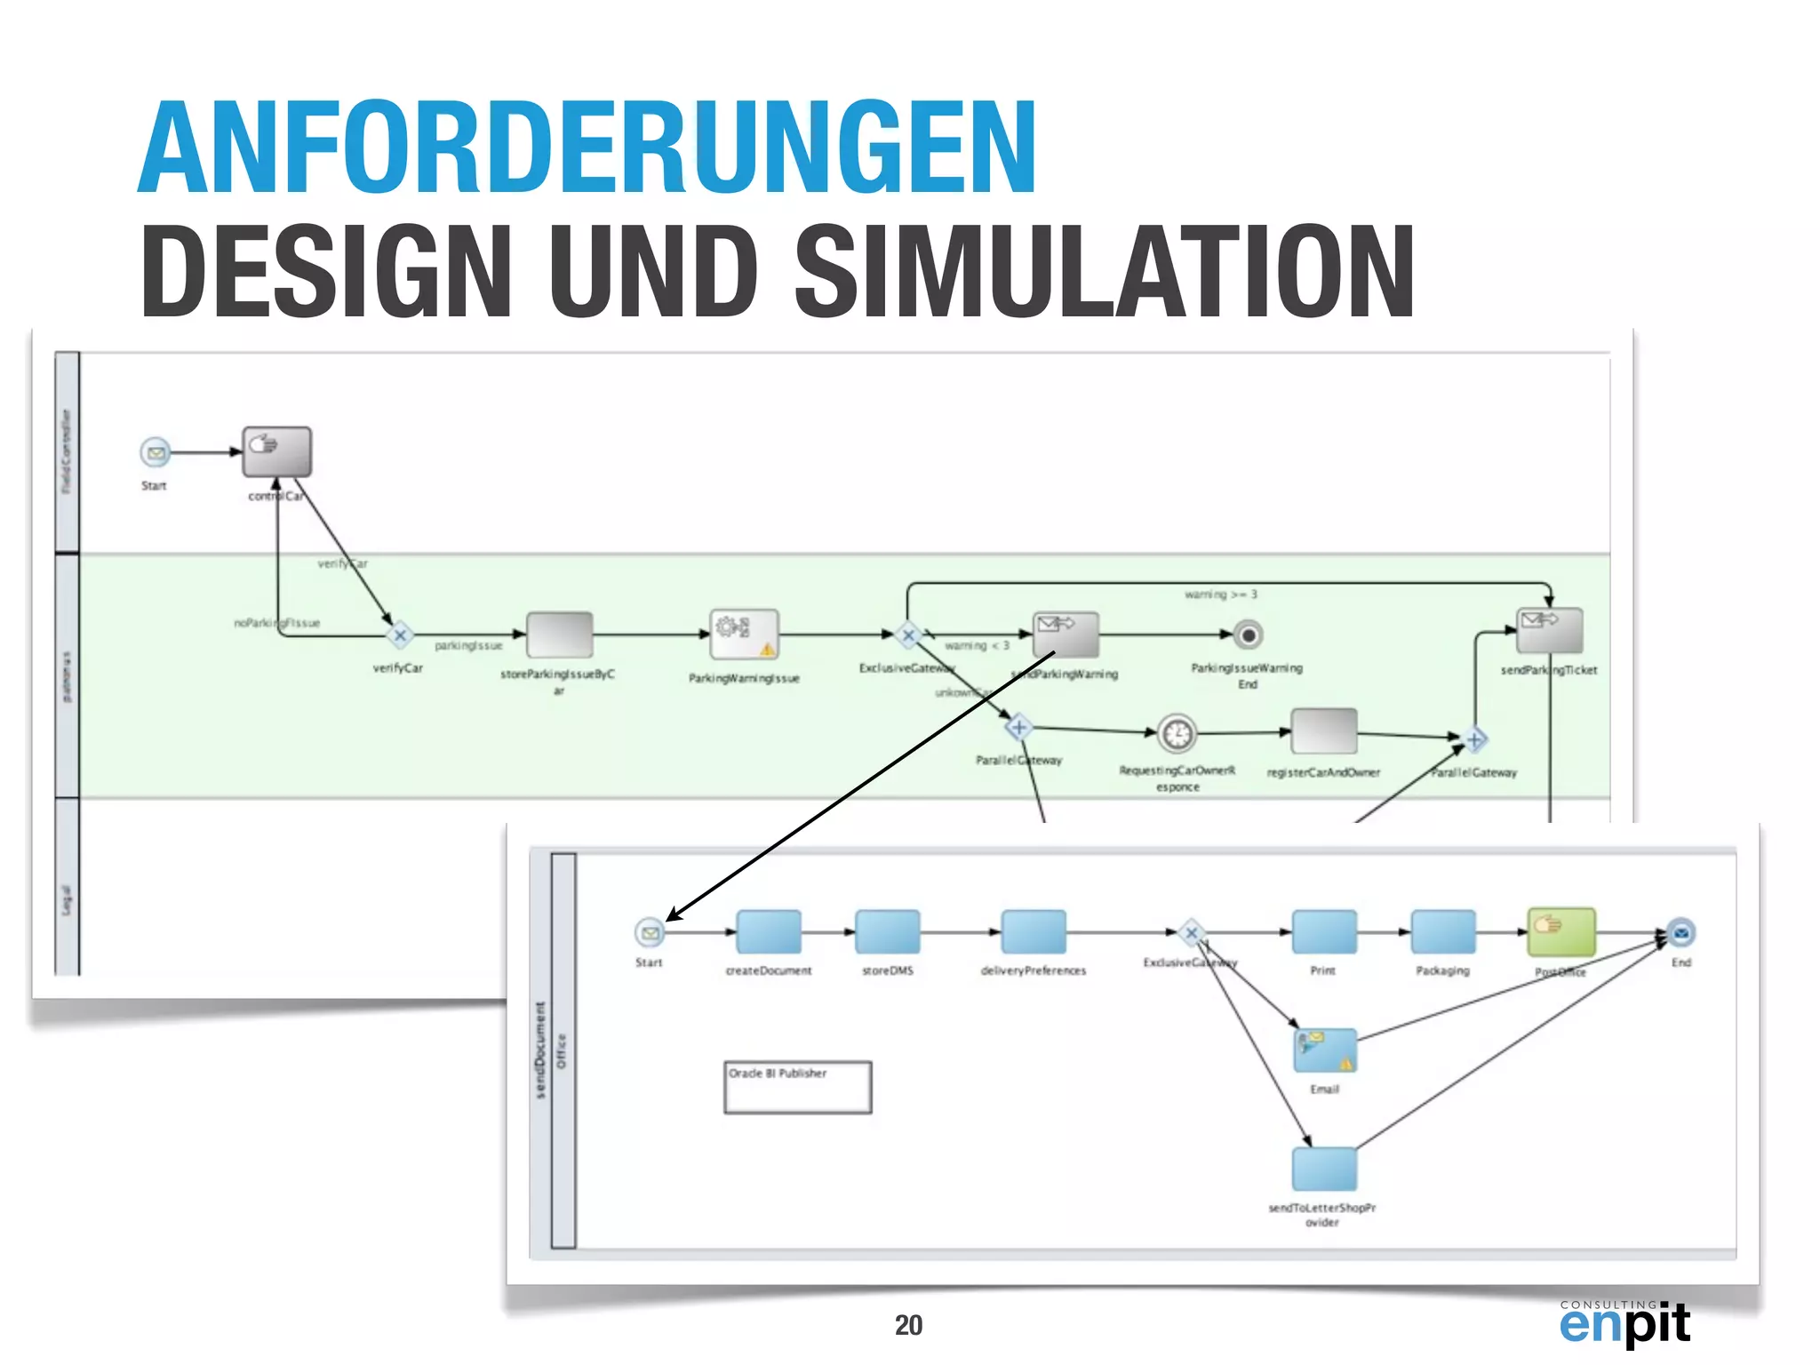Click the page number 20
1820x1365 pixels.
coord(908,1325)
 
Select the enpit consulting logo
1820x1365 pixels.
coord(1624,1322)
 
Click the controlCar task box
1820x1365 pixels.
coord(277,452)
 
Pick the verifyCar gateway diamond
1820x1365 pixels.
coord(400,635)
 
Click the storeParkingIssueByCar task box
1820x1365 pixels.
coord(559,635)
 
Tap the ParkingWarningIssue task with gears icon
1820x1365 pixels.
coord(745,635)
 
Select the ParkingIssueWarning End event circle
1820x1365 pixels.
coord(1249,635)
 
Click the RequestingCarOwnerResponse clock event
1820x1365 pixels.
coord(1177,734)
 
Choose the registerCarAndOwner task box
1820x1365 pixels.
coord(1324,731)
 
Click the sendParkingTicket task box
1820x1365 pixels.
coord(1550,631)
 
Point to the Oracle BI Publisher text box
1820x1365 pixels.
coord(797,1086)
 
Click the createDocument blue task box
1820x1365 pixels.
coord(769,932)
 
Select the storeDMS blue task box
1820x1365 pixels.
coord(887,932)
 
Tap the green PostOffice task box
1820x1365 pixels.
coord(1561,931)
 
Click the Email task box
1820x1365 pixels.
coord(1325,1050)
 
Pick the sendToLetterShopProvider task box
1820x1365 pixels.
coord(1324,1169)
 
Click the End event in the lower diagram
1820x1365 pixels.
coord(1680,933)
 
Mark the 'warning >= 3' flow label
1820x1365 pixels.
coord(1220,595)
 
